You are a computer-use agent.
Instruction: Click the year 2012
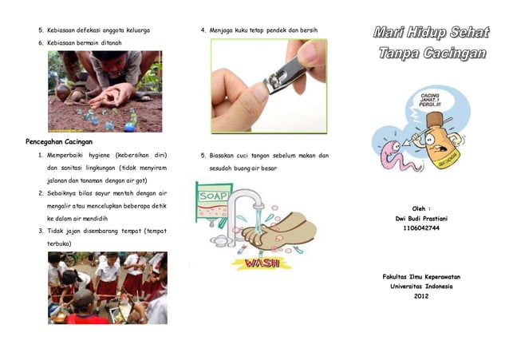(422, 297)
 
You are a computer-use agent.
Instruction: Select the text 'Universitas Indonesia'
(422, 287)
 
